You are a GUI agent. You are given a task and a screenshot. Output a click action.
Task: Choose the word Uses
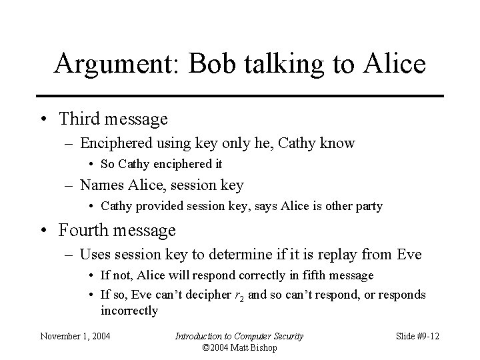click(93, 254)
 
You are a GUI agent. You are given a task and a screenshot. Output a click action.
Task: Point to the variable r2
click(241, 295)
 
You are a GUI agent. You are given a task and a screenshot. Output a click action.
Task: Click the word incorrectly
click(129, 310)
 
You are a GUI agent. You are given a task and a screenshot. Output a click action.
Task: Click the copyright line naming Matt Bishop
click(239, 347)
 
